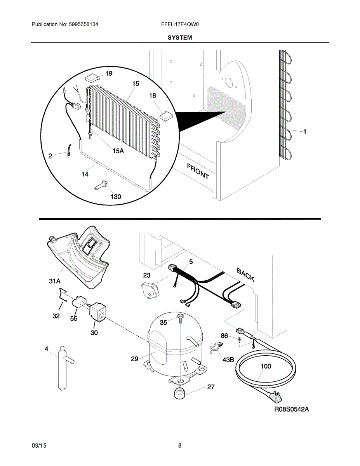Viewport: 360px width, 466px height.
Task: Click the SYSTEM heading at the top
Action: pos(180,38)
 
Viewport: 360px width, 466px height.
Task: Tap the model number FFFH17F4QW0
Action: pos(180,24)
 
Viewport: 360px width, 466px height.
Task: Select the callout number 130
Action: pos(116,197)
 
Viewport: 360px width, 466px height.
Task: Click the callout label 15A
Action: pos(118,151)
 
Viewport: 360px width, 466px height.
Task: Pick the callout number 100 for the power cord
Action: pos(266,366)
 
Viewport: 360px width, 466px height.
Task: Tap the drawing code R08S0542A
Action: pos(291,409)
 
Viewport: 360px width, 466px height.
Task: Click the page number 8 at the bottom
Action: pos(180,446)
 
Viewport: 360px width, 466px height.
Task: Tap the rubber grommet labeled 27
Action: pos(179,393)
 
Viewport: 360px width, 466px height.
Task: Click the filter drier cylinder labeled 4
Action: pos(62,367)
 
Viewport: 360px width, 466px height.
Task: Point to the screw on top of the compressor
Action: pos(181,318)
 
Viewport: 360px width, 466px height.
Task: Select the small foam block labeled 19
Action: pos(92,78)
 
